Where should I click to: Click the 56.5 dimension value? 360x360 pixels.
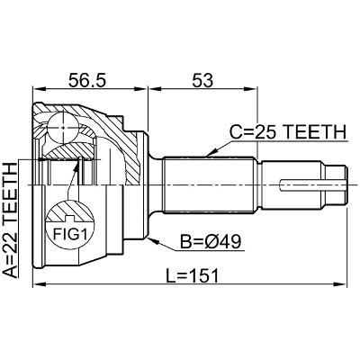(x=87, y=80)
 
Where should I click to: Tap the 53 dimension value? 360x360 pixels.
(x=202, y=80)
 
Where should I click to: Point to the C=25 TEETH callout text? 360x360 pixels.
(x=288, y=131)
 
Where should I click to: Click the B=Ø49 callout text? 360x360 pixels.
(x=211, y=241)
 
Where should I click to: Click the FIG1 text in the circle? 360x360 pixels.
(x=70, y=234)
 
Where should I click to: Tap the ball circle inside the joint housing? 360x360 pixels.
(x=63, y=128)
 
